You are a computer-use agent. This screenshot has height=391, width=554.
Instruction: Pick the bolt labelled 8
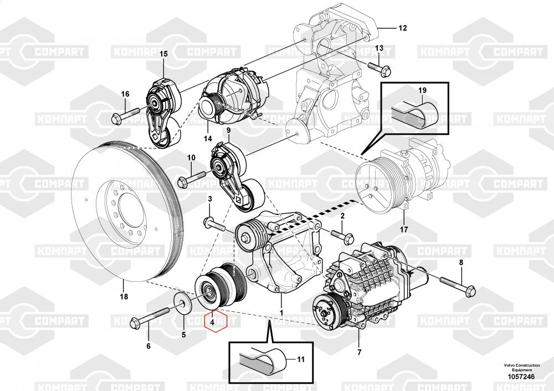point(458,285)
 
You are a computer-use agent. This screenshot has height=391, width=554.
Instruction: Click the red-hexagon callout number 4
point(214,320)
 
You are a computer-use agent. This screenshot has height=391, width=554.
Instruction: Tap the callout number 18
point(124,297)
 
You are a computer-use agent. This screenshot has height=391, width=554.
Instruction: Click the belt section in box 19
point(416,113)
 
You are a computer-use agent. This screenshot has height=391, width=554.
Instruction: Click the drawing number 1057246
point(519,377)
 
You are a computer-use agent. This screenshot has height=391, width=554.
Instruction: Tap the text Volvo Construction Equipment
point(519,367)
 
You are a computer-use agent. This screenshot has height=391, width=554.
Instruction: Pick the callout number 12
point(402,27)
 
